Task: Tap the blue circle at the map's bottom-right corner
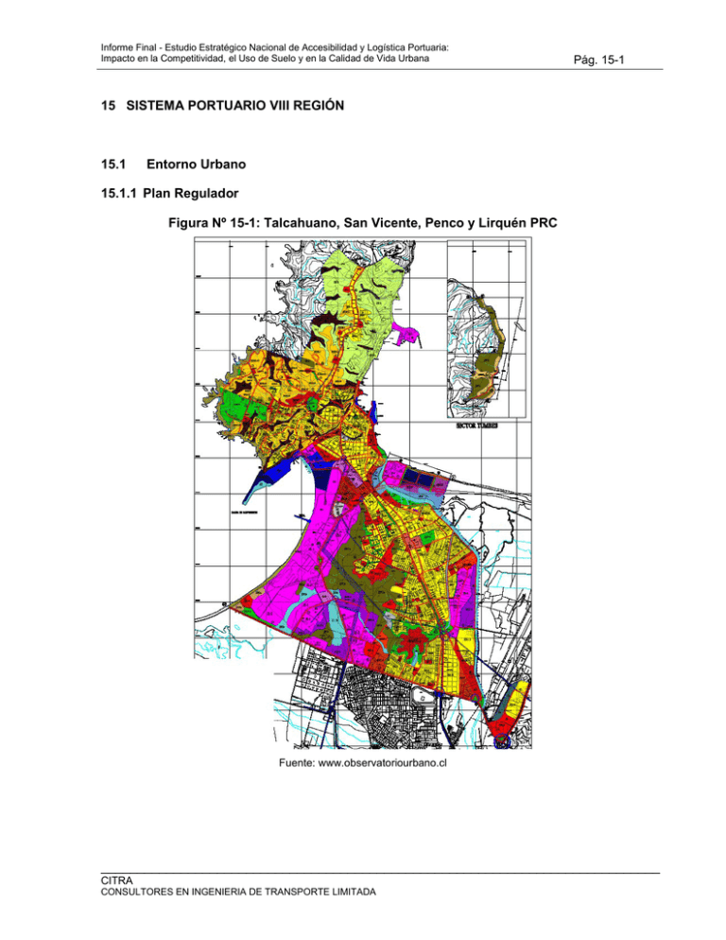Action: click(503, 742)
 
